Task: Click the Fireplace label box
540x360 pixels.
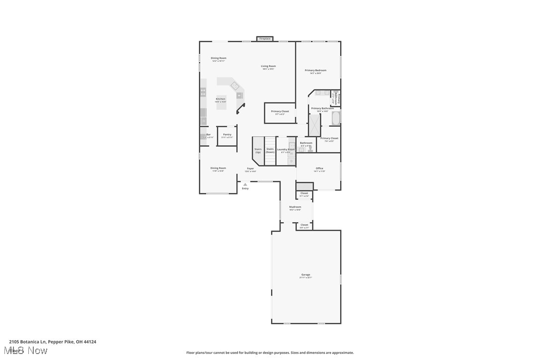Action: [265, 39]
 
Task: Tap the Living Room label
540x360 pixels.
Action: [269, 67]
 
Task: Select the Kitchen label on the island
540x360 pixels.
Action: [220, 99]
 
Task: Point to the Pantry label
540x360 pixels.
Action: [227, 135]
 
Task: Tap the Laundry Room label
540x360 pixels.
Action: [286, 150]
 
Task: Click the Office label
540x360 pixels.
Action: [319, 169]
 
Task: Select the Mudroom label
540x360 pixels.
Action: [295, 207]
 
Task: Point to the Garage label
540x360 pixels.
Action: [305, 275]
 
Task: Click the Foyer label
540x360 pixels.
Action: [251, 169]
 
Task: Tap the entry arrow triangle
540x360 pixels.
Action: [245, 184]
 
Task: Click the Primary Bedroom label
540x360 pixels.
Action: [316, 71]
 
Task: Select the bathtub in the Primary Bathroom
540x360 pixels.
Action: [336, 118]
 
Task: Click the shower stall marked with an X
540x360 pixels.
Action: [315, 125]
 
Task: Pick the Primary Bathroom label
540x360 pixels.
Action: [323, 108]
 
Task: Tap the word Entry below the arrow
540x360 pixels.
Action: [245, 188]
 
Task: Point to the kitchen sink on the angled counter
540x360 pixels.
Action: [235, 86]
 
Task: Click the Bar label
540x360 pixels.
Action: [209, 135]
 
